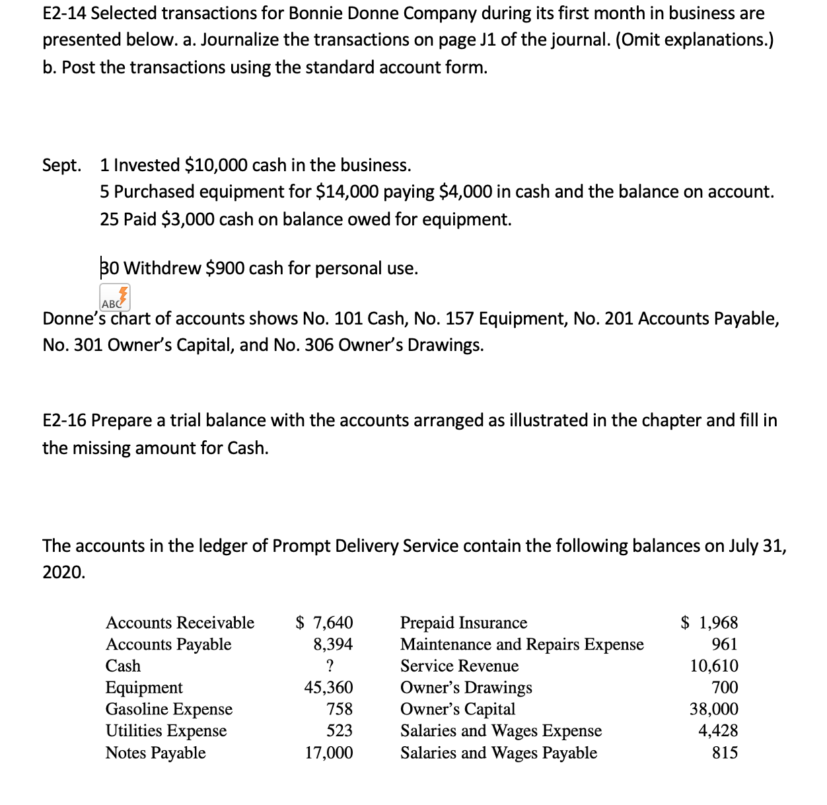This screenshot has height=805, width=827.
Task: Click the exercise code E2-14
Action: (x=63, y=13)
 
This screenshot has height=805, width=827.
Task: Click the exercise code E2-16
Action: (x=64, y=420)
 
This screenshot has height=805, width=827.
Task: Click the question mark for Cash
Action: (x=330, y=666)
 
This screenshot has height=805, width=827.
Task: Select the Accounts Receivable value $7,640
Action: (x=324, y=623)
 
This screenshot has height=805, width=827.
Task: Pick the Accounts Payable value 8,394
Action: (x=333, y=644)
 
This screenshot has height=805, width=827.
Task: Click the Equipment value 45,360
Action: (x=328, y=687)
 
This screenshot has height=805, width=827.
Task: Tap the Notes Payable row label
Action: (x=156, y=753)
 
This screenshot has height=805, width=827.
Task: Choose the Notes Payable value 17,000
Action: (x=328, y=753)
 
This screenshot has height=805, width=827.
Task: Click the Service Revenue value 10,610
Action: (x=714, y=666)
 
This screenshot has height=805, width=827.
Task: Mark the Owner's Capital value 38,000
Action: (x=714, y=709)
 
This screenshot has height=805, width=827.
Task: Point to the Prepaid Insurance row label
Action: (x=464, y=623)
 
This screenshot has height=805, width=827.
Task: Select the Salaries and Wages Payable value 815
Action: (x=725, y=753)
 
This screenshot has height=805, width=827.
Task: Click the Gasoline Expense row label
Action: (x=169, y=709)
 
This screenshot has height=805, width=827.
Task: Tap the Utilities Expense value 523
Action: (x=340, y=731)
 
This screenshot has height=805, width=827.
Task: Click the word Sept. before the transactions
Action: (x=61, y=165)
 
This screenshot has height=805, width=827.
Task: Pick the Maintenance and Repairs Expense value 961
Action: (x=725, y=644)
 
